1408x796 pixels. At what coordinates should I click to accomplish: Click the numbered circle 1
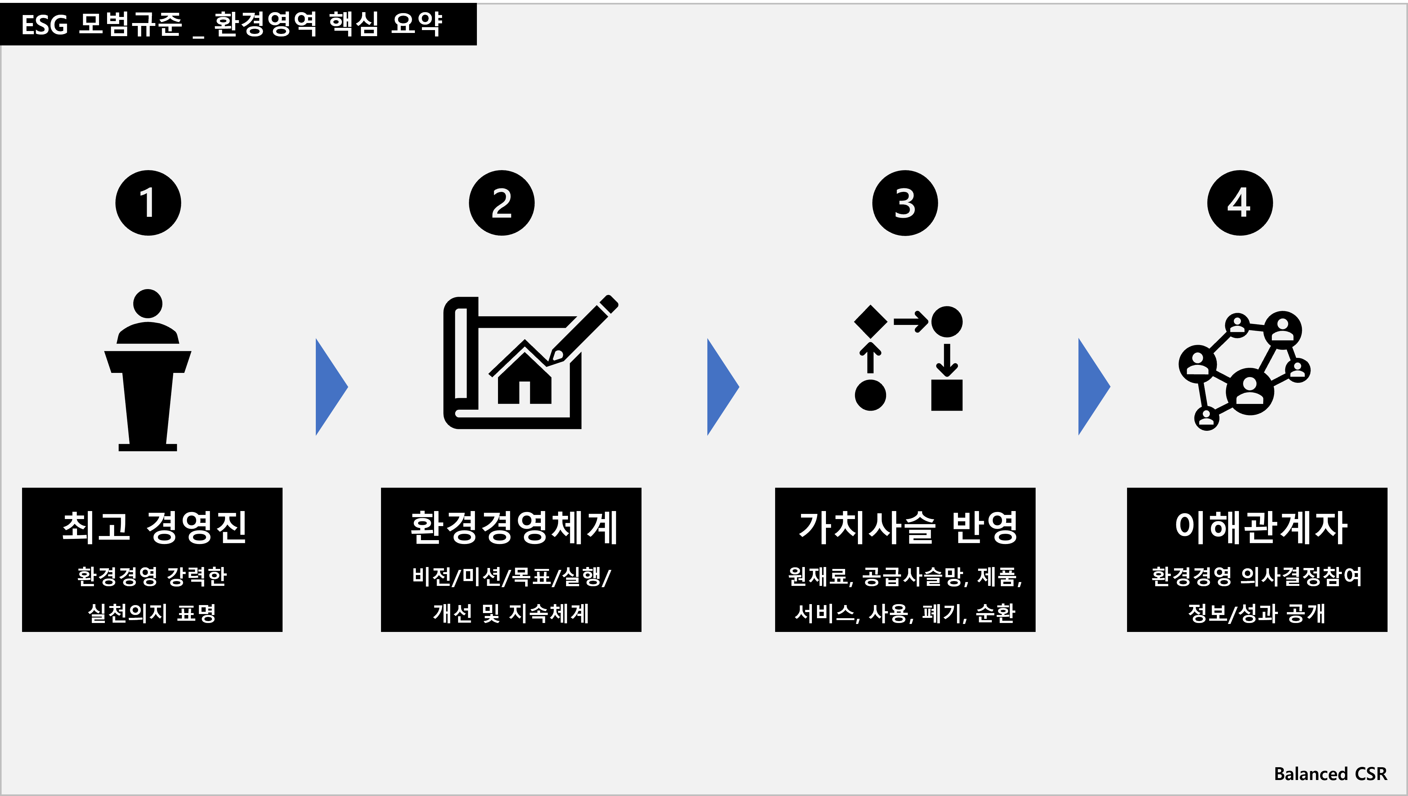coord(148,203)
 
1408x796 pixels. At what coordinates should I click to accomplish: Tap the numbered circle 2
coord(502,203)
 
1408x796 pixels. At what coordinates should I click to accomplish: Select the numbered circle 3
coord(905,203)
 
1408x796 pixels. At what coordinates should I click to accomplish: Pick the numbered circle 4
coord(1240,203)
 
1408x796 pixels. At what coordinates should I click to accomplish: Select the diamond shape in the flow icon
coord(870,321)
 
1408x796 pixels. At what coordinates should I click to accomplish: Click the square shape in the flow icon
coord(947,395)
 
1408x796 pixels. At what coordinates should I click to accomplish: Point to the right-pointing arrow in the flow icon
coord(911,321)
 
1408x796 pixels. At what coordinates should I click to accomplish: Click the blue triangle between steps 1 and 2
coord(331,387)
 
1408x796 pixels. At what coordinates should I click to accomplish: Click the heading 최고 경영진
coord(155,528)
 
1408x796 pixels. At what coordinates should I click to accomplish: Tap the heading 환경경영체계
coord(514,528)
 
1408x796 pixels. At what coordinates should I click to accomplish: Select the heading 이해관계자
coord(1261,528)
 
